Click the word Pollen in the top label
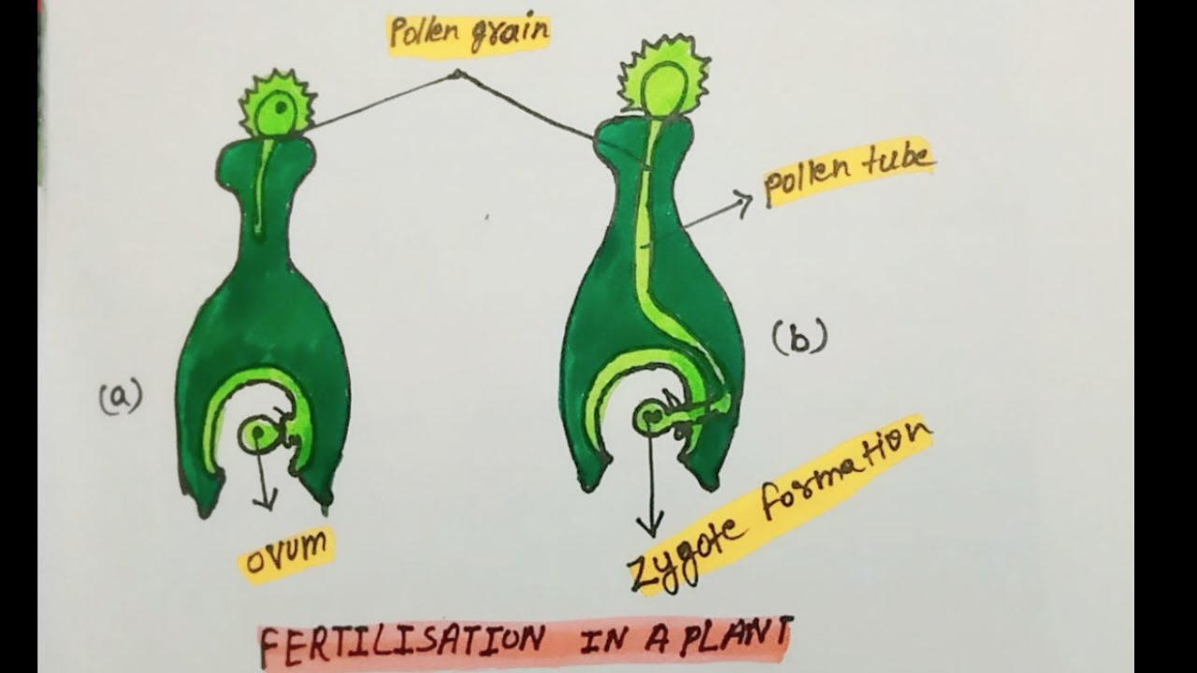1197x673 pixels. point(425,32)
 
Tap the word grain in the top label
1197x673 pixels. point(510,35)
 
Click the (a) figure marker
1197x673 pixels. point(121,396)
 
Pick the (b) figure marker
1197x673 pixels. point(800,336)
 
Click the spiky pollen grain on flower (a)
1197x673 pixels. point(278,105)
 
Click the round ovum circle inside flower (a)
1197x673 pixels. point(257,433)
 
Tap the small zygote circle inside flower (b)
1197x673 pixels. point(650,416)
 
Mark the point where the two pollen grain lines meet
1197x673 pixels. point(457,74)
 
